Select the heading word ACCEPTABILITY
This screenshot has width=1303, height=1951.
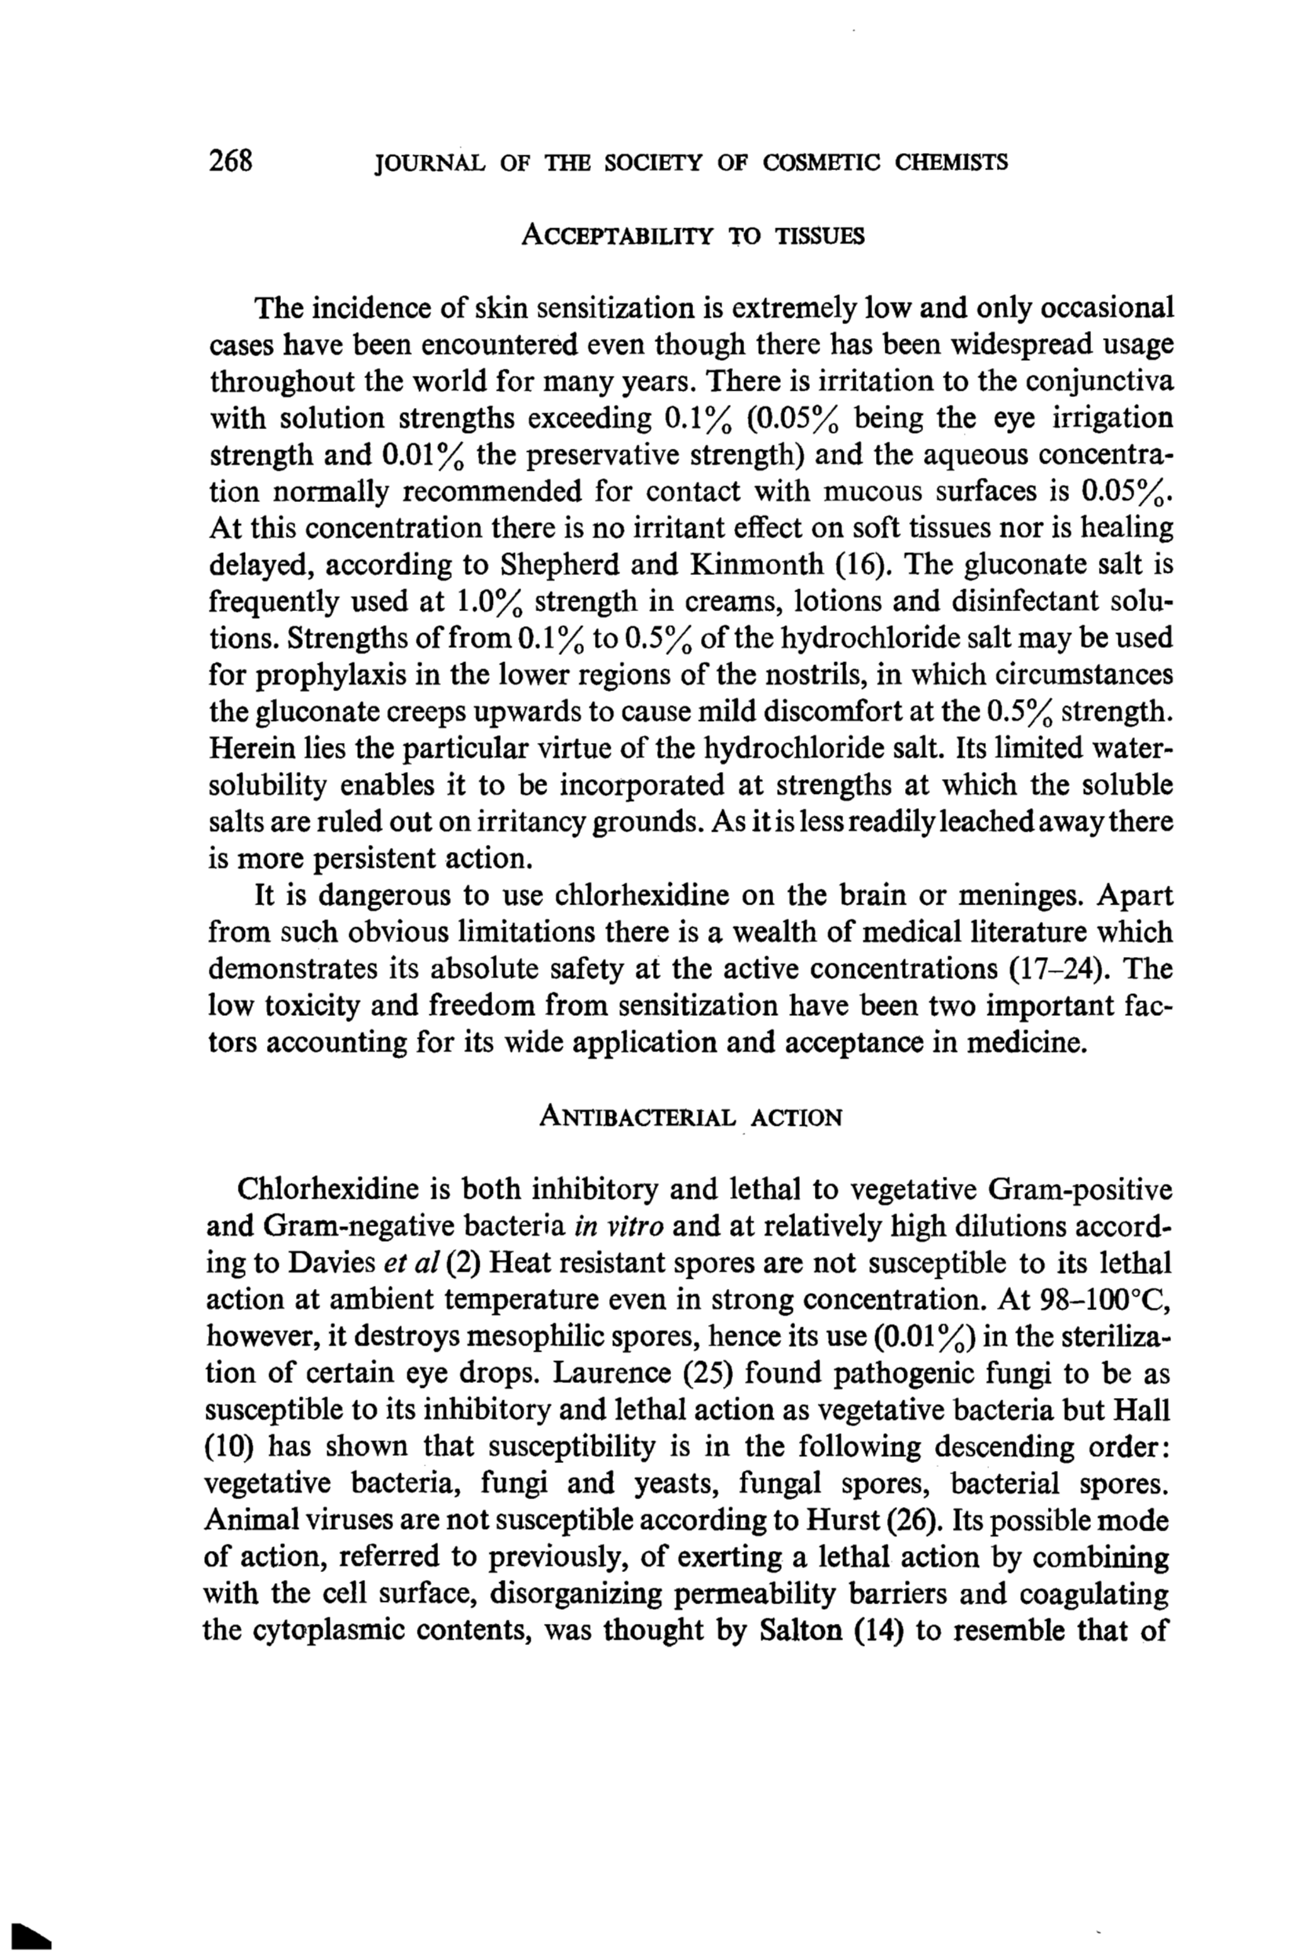618,237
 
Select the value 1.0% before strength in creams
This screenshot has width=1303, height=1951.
492,602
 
